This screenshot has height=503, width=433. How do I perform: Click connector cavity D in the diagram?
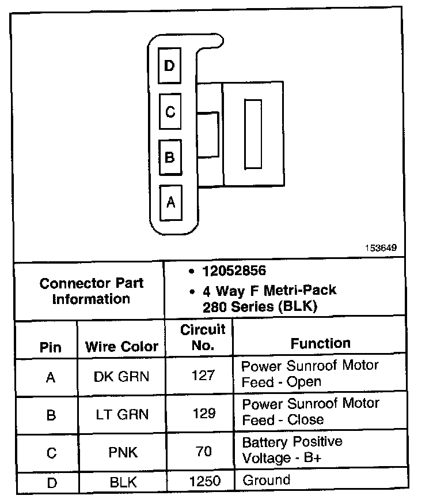[x=169, y=66]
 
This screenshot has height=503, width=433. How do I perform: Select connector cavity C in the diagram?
[x=169, y=111]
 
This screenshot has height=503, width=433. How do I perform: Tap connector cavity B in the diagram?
[x=169, y=157]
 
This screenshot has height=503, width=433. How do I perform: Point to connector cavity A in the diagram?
[x=170, y=202]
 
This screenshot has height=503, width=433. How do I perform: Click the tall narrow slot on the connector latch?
[x=253, y=134]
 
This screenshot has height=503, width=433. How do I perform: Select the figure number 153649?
[x=380, y=248]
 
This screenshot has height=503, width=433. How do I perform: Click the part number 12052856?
[x=233, y=271]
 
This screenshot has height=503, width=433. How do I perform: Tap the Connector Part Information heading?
[x=92, y=291]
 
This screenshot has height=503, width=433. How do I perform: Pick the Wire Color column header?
[x=121, y=347]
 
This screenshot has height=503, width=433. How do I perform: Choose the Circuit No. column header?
[x=203, y=337]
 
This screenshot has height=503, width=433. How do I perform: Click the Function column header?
[x=320, y=344]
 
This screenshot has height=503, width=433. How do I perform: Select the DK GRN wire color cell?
[x=121, y=377]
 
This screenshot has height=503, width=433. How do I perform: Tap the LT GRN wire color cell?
[x=121, y=414]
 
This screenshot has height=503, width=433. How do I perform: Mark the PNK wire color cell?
[x=123, y=452]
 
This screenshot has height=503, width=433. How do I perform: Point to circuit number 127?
[x=203, y=376]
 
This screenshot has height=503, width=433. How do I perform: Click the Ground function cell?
[x=266, y=480]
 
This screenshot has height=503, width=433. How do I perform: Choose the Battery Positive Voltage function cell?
[x=292, y=450]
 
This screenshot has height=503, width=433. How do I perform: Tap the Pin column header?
[x=51, y=347]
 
